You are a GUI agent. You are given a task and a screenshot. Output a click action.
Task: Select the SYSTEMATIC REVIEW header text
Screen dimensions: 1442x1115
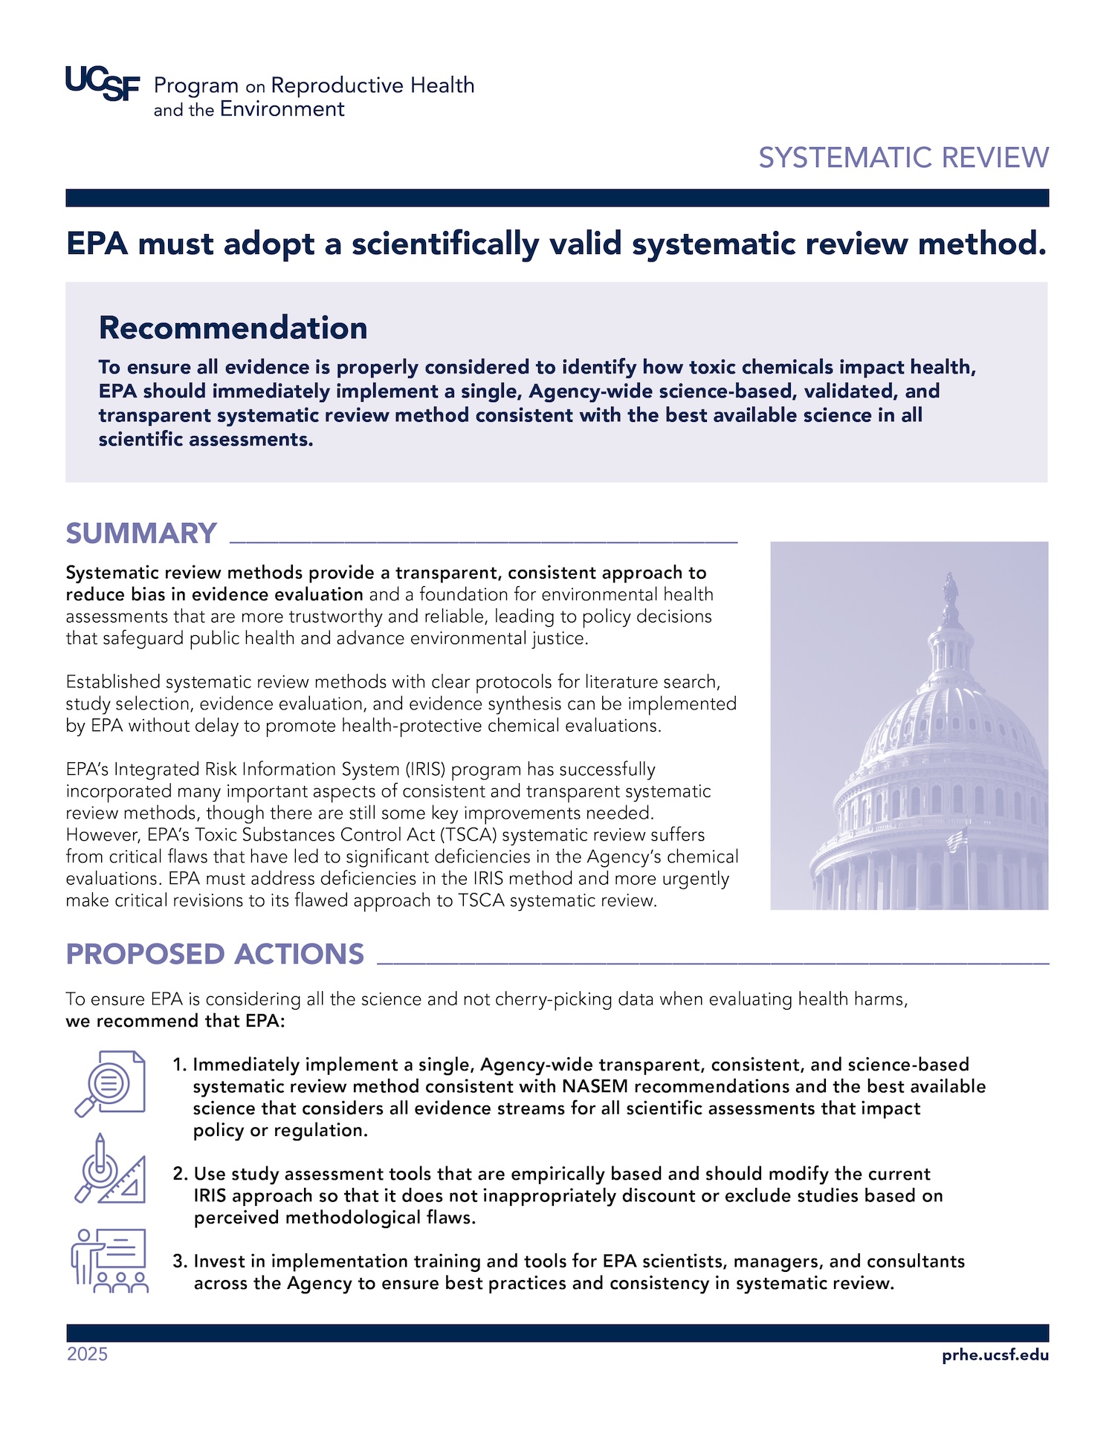point(903,157)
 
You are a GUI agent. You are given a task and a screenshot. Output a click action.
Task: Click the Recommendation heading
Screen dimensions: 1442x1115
point(233,328)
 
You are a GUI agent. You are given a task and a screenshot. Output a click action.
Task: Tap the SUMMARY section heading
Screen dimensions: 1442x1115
point(141,533)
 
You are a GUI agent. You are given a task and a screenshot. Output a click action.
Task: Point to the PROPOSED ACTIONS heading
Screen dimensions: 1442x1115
point(215,954)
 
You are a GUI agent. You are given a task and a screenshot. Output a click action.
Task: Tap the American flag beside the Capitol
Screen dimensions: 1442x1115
point(957,842)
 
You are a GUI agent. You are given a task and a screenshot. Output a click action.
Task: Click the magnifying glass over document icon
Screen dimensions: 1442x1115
point(110,1083)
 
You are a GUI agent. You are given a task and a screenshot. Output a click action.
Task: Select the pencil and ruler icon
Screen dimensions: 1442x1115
point(110,1169)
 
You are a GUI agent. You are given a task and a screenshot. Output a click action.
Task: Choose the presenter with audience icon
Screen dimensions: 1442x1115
point(110,1260)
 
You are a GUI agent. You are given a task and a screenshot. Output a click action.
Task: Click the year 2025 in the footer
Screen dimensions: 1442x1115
point(87,1354)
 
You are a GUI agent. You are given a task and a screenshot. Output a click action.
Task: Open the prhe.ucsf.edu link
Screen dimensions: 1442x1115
point(995,1354)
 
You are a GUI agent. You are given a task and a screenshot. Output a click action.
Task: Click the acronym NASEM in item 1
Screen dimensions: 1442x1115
point(595,1086)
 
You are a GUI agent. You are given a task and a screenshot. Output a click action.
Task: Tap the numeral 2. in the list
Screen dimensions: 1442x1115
point(180,1174)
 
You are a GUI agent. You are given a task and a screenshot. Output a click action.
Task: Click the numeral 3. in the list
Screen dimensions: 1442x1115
point(180,1261)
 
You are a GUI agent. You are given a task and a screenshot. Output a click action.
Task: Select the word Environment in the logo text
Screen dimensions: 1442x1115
point(282,109)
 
